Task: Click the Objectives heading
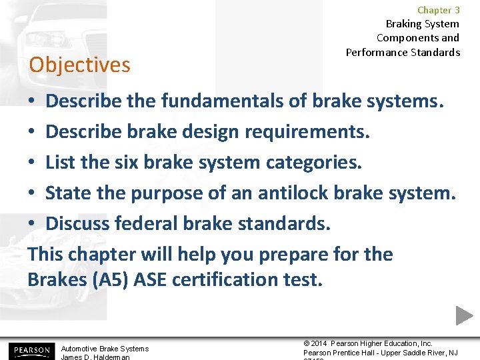tap(79, 65)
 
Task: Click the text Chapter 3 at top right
tap(438, 10)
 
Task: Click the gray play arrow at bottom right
tap(464, 315)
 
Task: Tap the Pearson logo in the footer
tap(29, 350)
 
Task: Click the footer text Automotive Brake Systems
tap(105, 349)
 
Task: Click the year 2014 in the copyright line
tap(321, 343)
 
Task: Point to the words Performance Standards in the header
tap(403, 52)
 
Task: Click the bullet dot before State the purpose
tap(33, 194)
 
